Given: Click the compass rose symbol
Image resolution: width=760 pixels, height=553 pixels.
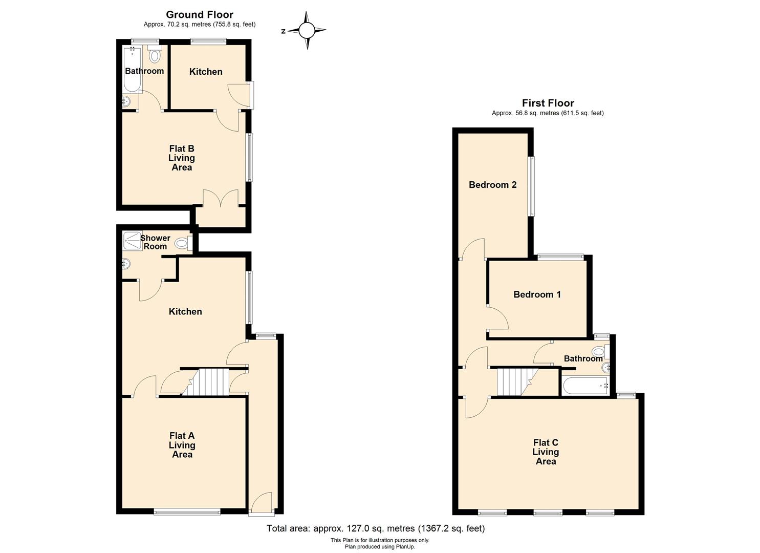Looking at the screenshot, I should click(x=306, y=31).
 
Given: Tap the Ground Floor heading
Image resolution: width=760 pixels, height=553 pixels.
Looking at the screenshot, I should click(x=200, y=15).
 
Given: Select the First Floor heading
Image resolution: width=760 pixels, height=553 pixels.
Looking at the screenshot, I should click(x=548, y=103).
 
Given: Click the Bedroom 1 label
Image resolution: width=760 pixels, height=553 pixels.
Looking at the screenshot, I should click(x=537, y=294).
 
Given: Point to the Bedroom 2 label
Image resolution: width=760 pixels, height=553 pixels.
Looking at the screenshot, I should click(x=492, y=185).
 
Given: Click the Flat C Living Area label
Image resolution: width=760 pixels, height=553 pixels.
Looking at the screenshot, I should click(x=546, y=452).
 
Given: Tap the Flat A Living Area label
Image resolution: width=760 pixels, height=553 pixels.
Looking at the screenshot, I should click(x=182, y=445).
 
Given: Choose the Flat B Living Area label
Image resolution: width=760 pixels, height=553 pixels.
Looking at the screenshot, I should click(x=182, y=158).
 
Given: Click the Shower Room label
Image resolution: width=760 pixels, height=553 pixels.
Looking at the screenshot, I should click(x=155, y=242).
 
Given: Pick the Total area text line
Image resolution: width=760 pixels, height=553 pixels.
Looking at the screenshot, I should click(x=375, y=528).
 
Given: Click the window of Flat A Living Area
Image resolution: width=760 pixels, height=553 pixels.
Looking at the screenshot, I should click(x=187, y=511).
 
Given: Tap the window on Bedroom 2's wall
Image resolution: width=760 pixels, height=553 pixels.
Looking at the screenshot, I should click(x=531, y=186).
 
